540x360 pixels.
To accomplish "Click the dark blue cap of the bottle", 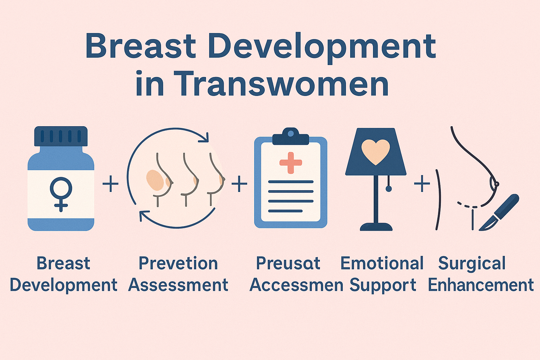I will pos(61,136).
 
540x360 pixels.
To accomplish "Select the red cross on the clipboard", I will pos(290,163).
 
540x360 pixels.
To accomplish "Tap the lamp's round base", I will pos(376,227).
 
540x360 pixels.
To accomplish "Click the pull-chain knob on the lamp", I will pos(388,189).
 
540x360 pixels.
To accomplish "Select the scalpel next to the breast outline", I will pos(499,213).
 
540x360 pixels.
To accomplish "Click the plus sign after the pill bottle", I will pos(110,184).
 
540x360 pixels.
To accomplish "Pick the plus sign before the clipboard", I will pos(239,184).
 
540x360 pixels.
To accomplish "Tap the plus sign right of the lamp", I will pos(422,184).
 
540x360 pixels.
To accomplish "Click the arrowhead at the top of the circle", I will pos(204,138).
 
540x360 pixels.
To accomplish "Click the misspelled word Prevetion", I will pos(178,263).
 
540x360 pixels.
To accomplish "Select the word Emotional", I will pos(382,263).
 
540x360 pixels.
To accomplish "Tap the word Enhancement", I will pos(481,285).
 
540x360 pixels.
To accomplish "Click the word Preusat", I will pos(288,263).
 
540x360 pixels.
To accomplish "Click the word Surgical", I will pos(472,264).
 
